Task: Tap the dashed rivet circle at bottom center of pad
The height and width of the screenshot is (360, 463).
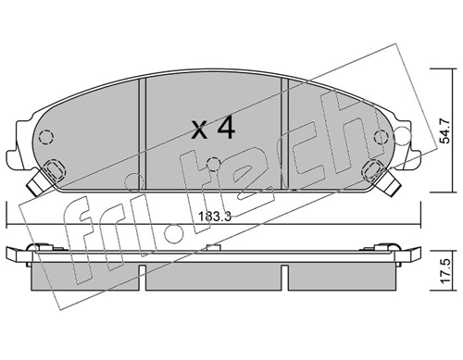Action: (x=213, y=167)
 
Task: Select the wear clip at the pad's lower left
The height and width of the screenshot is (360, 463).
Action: (x=42, y=180)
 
